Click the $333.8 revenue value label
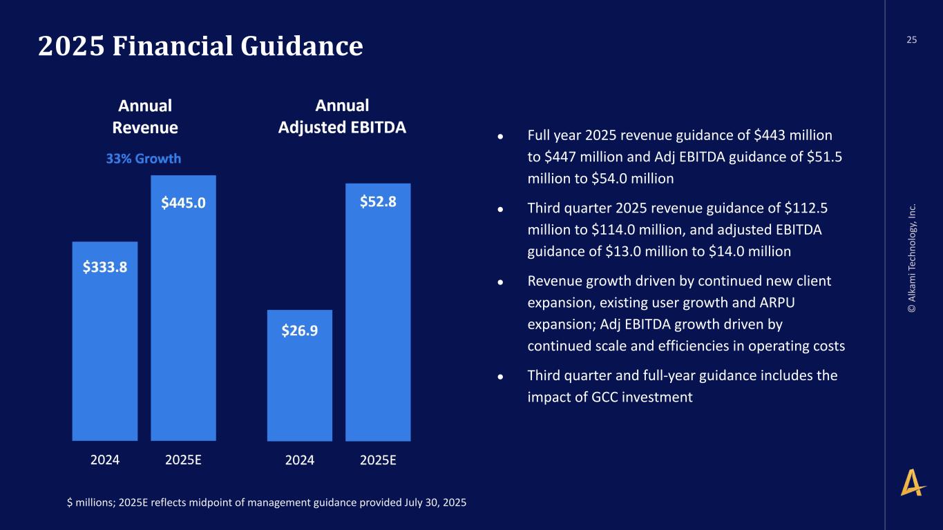tap(105, 267)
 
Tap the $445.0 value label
tap(183, 202)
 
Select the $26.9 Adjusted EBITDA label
tap(300, 331)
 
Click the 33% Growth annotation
tap(144, 159)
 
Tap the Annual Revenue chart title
tap(145, 117)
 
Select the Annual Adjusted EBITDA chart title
tap(342, 117)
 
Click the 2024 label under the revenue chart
tap(105, 460)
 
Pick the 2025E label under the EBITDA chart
tap(378, 460)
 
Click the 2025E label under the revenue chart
tap(183, 460)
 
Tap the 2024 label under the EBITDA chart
tap(300, 460)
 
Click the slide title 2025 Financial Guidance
tap(200, 46)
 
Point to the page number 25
tap(912, 40)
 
